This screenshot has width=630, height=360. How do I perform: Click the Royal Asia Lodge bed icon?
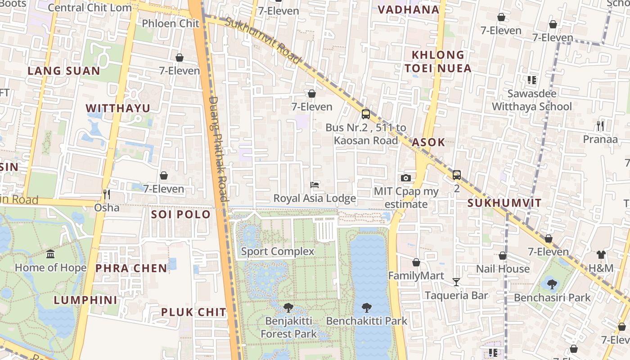315,185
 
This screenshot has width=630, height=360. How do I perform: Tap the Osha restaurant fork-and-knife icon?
107,194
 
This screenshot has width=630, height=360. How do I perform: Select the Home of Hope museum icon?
50,254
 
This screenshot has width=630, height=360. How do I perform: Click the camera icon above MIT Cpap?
405,178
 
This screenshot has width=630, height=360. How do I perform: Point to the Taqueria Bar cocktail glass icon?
456,282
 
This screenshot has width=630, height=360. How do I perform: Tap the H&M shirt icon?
601,255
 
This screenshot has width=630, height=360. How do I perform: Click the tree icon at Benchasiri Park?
552,284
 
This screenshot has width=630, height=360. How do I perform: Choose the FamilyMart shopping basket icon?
416,262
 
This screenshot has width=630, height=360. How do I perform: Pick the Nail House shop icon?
503,256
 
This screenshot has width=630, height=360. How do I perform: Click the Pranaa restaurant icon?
600,126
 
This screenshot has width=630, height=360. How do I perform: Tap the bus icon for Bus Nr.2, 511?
365,114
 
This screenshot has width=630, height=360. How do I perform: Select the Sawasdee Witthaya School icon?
531,81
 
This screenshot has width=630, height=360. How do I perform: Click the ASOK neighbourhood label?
428,142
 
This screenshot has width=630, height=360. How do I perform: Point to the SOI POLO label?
181,214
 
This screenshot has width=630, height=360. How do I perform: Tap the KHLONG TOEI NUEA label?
438,62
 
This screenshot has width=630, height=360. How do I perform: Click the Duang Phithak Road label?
219,149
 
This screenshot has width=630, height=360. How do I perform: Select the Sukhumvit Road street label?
263,40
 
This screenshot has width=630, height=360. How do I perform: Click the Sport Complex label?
278,251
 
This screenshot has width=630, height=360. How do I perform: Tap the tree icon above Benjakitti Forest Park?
288,308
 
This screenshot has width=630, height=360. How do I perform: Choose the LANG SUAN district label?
64,71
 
